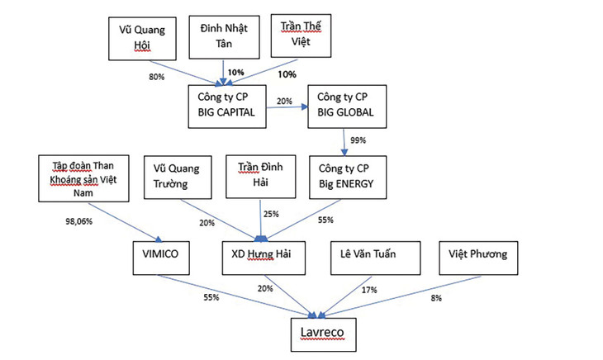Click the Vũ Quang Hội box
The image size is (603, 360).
coord(144,37)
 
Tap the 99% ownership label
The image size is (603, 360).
coord(356,140)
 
